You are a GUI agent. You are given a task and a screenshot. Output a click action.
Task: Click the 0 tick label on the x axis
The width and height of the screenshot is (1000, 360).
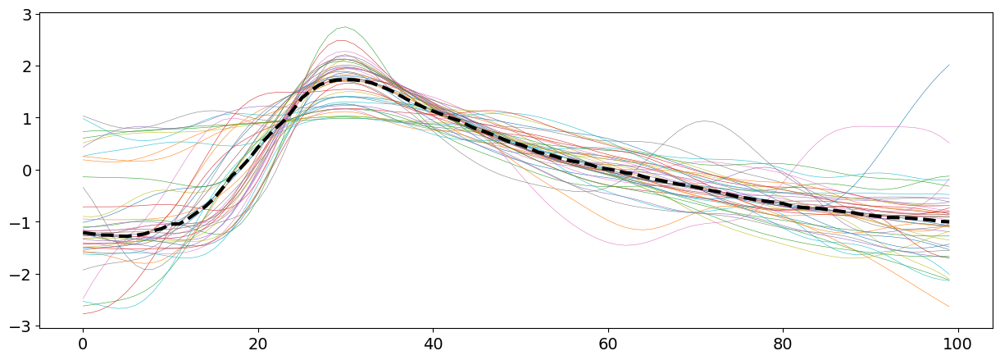click(83, 342)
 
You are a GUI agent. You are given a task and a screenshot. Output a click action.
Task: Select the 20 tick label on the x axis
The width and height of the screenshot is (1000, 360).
click(258, 342)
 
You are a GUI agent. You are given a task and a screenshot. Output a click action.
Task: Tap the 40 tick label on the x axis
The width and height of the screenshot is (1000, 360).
click(433, 342)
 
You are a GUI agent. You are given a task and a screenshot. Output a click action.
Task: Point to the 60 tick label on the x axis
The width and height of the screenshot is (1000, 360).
click(608, 342)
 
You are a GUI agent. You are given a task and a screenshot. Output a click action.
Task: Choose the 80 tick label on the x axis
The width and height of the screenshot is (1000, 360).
click(783, 342)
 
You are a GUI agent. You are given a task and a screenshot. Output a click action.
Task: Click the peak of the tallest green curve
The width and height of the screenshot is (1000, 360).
click(345, 27)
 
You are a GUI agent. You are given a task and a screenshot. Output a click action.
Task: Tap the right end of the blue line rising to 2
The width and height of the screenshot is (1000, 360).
click(949, 65)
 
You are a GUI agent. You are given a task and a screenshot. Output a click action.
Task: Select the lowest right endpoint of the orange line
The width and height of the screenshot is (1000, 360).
click(949, 307)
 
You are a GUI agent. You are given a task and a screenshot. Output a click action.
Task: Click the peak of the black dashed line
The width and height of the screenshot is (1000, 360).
click(351, 80)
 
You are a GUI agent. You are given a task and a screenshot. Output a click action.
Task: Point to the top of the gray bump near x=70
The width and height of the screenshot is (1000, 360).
click(706, 121)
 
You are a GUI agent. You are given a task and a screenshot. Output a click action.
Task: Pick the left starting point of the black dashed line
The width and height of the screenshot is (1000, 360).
click(83, 233)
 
